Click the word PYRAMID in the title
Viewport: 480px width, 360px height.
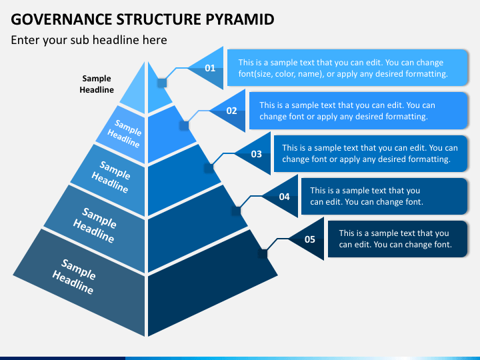point(240,19)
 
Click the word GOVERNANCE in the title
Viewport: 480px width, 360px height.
point(61,19)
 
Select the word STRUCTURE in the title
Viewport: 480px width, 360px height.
point(159,19)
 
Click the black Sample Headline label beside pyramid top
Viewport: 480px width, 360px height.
point(97,84)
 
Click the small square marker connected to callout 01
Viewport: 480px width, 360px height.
point(162,83)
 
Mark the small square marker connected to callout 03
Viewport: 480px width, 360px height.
point(209,168)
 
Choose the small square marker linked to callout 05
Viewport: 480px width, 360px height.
point(263,254)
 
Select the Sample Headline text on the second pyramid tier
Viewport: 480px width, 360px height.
point(125,133)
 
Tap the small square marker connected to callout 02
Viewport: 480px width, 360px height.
point(184,125)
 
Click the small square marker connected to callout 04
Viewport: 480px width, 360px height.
point(236,211)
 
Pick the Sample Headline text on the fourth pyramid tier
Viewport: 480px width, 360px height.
point(95,225)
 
